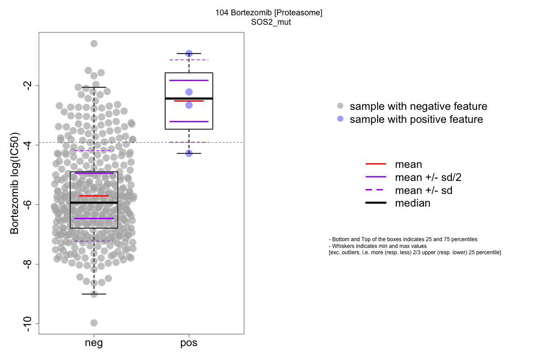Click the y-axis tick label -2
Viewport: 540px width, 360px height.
28,85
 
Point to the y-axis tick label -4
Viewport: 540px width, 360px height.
28,144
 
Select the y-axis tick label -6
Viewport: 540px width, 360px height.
28,204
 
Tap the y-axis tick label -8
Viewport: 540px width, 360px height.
28,264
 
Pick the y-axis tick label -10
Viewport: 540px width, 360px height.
28,324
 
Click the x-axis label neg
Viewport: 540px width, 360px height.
94,343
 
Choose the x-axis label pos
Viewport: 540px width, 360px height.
189,343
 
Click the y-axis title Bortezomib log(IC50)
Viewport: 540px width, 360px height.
14,183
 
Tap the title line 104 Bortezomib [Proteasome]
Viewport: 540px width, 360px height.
269,13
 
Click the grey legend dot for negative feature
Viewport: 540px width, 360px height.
340,106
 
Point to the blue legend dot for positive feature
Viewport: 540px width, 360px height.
340,119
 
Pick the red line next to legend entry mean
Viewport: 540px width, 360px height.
376,164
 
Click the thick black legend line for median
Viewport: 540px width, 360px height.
376,203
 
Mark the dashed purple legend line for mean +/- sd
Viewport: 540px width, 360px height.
376,190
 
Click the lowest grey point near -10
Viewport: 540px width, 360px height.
94,323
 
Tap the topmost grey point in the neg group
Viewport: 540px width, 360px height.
94,43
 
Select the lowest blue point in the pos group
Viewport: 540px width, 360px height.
189,153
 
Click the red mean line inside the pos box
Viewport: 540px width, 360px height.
189,101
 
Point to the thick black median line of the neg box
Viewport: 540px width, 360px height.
94,203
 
